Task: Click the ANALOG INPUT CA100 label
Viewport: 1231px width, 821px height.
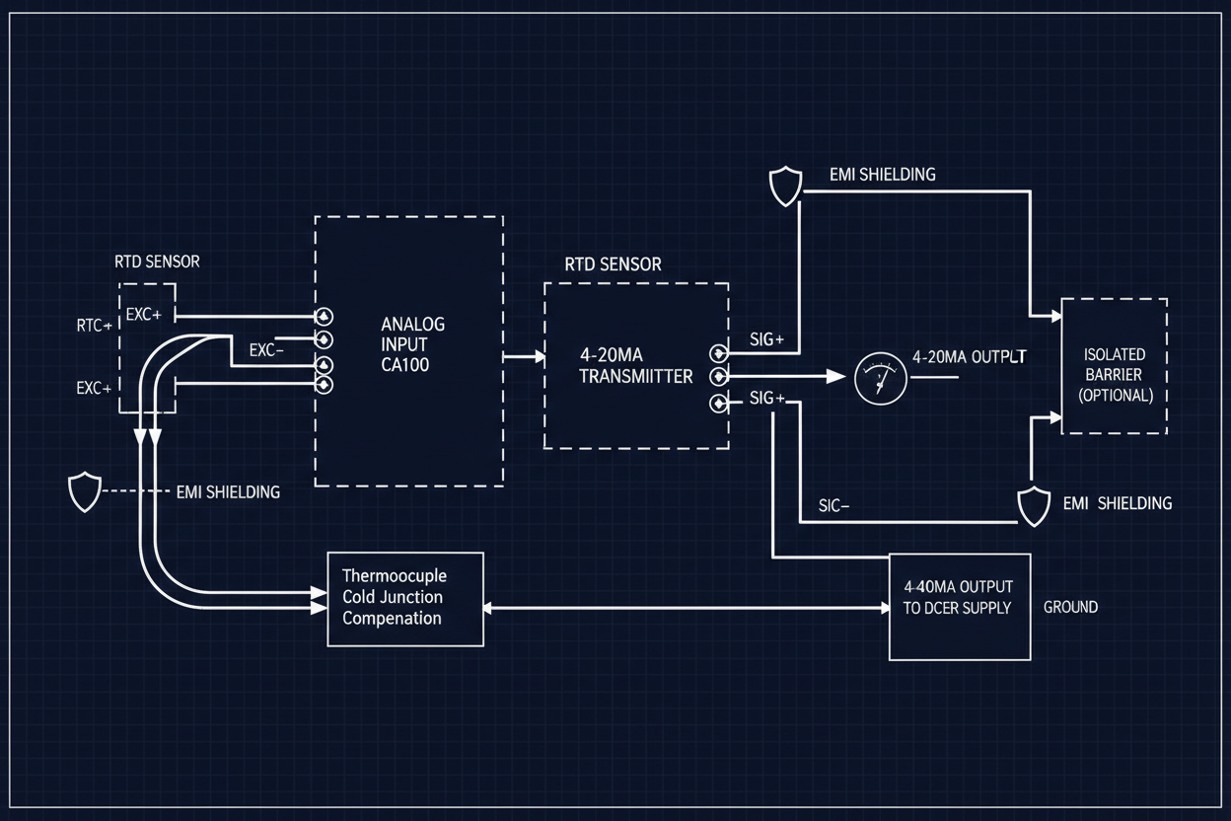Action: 413,343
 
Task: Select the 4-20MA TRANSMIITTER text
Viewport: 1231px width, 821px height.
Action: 636,364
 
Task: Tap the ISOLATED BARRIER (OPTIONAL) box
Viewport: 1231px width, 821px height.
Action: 1114,366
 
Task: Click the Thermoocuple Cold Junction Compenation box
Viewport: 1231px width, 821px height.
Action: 405,599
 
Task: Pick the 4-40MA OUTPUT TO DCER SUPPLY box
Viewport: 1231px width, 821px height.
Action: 959,606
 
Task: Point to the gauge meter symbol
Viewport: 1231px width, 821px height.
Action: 878,379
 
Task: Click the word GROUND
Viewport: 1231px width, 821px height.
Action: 1070,607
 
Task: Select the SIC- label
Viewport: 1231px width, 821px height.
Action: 834,506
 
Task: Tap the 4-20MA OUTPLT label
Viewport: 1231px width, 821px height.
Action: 970,358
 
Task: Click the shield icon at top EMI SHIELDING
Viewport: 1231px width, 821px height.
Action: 785,187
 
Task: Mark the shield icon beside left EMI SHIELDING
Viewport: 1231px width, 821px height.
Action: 85,491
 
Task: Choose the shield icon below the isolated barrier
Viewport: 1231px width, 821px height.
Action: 1034,504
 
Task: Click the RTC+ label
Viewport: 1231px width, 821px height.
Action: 94,325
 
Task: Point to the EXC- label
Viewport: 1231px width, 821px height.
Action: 266,349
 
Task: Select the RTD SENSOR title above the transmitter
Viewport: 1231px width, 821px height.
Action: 613,264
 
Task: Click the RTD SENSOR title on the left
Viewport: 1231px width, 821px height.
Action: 157,261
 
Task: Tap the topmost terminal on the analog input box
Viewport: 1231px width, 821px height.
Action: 324,317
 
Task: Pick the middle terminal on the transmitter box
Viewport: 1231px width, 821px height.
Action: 718,377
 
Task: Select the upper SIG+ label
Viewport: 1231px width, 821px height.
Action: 766,340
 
